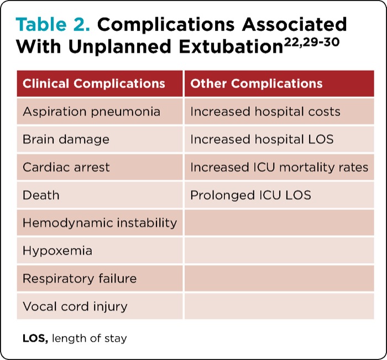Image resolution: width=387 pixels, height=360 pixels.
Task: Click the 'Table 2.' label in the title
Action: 49,25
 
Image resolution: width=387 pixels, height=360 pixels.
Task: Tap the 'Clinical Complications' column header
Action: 93,84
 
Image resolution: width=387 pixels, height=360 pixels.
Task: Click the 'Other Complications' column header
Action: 257,84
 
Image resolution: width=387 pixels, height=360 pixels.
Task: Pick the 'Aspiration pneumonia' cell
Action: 91,112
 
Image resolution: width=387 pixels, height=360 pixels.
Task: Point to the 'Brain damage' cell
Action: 66,139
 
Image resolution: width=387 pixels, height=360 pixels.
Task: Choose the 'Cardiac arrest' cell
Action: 66,167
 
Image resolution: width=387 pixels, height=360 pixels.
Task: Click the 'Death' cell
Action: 41,195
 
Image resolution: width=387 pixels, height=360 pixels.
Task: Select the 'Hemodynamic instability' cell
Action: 100,223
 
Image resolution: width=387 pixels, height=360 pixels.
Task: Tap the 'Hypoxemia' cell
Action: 57,251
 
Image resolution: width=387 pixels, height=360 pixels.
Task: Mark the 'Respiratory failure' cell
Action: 80,278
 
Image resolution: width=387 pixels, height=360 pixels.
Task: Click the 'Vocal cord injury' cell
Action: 75,306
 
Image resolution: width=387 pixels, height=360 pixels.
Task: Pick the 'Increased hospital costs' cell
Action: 265,112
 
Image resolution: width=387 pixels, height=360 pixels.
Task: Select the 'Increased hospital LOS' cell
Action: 262,139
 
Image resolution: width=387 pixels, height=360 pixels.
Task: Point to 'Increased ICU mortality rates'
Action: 279,167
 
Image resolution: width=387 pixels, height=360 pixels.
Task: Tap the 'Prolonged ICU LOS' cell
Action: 250,195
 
